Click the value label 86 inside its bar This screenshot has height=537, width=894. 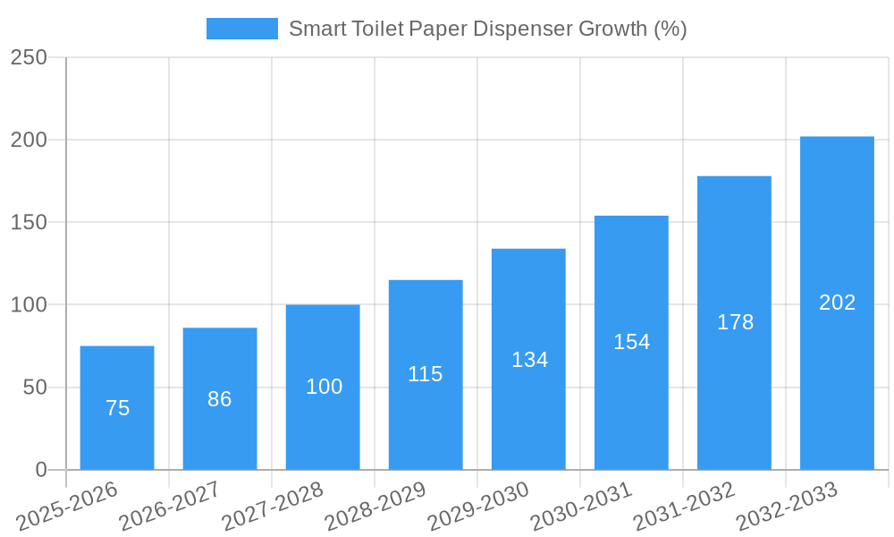click(220, 399)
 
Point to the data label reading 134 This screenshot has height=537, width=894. click(529, 360)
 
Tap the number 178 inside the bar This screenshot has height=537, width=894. click(735, 322)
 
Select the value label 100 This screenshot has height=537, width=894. click(324, 387)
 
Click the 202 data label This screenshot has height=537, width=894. click(837, 303)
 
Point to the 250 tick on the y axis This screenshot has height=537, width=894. click(29, 57)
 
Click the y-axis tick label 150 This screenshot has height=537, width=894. click(29, 222)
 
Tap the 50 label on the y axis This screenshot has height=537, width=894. click(35, 388)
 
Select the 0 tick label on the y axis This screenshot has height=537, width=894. click(41, 470)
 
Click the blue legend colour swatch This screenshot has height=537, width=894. click(241, 29)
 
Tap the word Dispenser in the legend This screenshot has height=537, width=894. click(522, 29)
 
